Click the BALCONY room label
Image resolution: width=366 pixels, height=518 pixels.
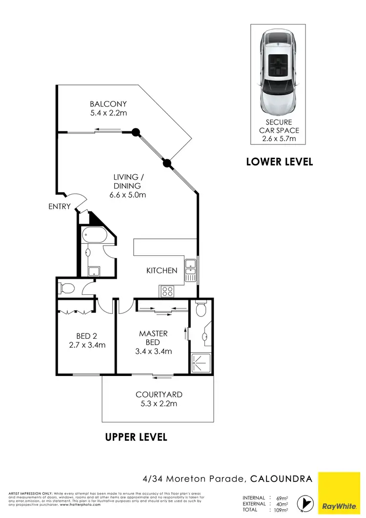tap(108, 104)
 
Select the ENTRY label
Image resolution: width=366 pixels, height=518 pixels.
tap(60, 207)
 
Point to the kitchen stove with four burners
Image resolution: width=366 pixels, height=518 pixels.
tap(168, 291)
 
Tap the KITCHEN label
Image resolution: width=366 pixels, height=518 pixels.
tap(162, 270)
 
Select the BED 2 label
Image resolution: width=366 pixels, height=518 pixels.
tap(87, 336)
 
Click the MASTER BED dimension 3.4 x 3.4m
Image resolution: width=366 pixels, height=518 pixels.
tap(153, 351)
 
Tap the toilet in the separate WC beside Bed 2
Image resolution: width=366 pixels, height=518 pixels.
tap(65, 288)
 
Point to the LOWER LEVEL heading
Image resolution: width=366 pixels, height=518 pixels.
tap(279, 162)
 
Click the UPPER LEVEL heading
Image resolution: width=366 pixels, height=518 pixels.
tap(136, 437)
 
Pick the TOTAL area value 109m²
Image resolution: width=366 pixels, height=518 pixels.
tap(282, 510)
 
